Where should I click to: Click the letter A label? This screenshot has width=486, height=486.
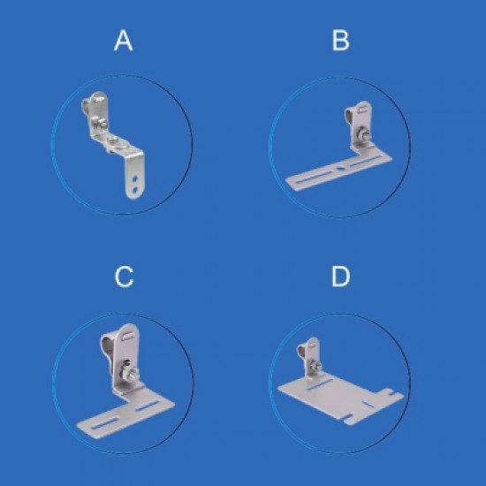(x=124, y=41)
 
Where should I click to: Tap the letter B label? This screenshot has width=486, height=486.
(x=340, y=41)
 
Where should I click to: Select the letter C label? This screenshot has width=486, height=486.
(x=124, y=277)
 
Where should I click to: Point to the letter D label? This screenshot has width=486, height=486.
(x=341, y=277)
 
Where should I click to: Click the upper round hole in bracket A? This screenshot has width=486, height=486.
(x=135, y=178)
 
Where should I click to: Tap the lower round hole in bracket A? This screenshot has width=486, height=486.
(x=135, y=189)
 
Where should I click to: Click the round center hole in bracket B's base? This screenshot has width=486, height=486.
(x=340, y=169)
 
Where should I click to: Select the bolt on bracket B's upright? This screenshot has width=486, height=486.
(x=362, y=134)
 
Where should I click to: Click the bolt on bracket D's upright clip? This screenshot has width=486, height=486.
(x=315, y=366)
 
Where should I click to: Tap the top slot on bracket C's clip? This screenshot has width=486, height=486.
(x=127, y=337)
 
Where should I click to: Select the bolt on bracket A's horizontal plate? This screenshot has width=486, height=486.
(x=113, y=141)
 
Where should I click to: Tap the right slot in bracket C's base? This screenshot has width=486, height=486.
(x=148, y=406)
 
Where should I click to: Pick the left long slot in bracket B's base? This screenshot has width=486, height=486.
(x=314, y=178)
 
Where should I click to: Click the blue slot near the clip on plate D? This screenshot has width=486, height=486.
(x=320, y=383)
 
